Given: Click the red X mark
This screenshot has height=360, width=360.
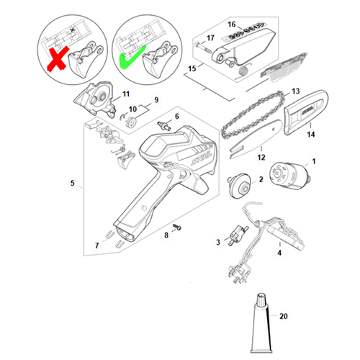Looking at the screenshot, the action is (58, 58).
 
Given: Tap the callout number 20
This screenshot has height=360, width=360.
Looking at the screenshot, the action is (284, 316).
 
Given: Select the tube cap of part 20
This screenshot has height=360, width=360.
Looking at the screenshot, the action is (261, 300).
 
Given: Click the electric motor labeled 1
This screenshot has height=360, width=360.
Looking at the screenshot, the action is (290, 174).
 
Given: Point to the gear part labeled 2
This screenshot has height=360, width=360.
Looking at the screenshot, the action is (239, 185).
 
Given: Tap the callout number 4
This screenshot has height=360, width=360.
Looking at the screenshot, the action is (279, 253).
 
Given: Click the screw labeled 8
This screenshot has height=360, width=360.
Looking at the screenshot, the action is (177, 227).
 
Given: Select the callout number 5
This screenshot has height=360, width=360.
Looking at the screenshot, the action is (72, 183).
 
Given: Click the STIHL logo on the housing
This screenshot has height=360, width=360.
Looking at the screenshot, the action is (202, 158).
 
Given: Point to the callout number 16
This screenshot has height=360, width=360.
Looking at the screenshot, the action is (232, 24).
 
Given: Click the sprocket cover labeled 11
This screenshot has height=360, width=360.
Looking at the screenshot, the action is (95, 99).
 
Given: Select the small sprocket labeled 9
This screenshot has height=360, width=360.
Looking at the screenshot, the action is (131, 121).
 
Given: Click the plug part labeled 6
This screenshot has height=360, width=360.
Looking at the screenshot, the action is (164, 126).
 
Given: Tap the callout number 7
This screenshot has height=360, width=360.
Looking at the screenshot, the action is (97, 246).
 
